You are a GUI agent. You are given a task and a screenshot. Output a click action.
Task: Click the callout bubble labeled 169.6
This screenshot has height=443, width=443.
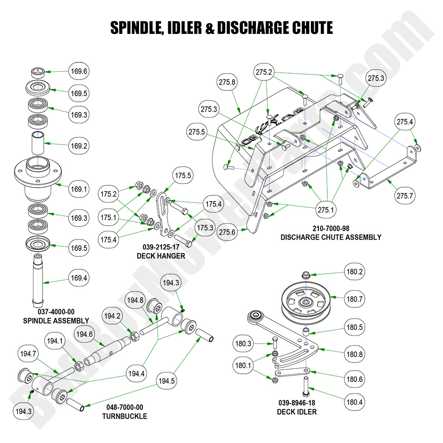79,71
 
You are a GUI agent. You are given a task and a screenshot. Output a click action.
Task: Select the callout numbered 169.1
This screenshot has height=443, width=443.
79,189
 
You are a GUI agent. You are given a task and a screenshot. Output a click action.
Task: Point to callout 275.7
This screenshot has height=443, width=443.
406,195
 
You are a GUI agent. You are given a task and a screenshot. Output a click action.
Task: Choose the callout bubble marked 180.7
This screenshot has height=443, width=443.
355,299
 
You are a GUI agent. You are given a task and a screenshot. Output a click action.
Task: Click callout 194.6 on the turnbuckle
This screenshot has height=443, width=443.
85,335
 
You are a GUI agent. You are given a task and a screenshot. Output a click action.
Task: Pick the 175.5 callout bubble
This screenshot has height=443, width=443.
183,176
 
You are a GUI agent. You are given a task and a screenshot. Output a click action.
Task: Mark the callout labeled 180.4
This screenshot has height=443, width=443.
355,402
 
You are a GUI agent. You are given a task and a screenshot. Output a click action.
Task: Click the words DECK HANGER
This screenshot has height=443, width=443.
161,256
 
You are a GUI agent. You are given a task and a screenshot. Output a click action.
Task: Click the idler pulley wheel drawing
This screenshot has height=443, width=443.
306,302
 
